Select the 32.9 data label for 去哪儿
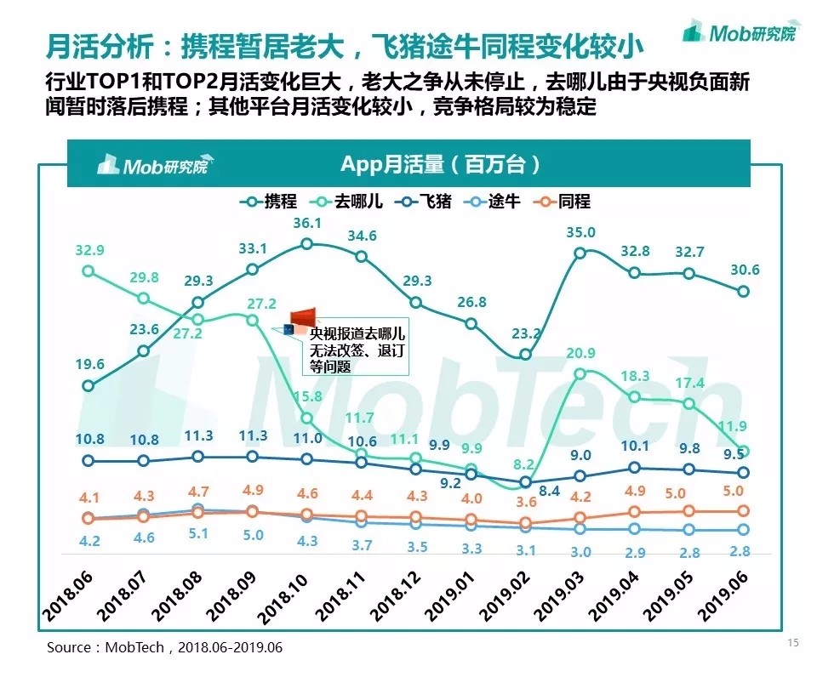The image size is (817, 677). pos(89,250)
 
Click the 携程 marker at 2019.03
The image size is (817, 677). pos(580,253)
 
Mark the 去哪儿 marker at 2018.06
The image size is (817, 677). pos(88,270)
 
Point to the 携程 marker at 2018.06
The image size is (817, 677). pos(88,385)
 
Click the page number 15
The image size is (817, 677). pos(792,643)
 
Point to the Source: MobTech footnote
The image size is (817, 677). pos(164,647)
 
